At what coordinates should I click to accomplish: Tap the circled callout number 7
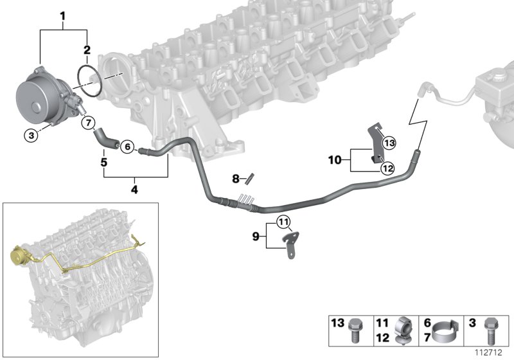tap(89, 122)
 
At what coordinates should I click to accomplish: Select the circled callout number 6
tap(127, 147)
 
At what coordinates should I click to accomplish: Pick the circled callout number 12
tap(387, 168)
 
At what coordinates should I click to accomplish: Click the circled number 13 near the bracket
tap(389, 142)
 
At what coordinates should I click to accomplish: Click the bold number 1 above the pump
tap(62, 15)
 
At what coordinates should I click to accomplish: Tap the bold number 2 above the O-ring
tap(87, 49)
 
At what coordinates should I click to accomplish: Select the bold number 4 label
tap(134, 190)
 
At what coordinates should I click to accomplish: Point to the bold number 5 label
tap(103, 162)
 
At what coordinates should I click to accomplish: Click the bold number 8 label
tap(236, 178)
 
